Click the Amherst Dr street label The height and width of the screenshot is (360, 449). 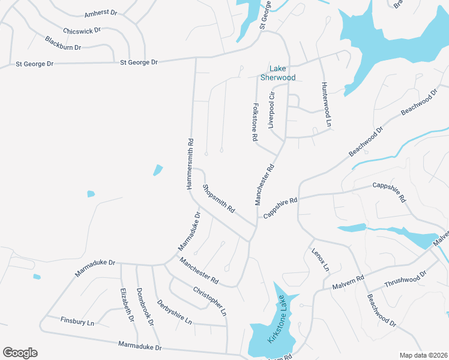(100, 13)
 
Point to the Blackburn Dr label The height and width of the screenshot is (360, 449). (62, 43)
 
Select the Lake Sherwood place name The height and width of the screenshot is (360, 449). (278, 73)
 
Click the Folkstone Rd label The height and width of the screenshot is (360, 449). (255, 121)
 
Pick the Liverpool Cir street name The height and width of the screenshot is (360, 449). (271, 110)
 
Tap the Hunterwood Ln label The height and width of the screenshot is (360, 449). (325, 104)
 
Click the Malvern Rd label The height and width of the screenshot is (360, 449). (348, 283)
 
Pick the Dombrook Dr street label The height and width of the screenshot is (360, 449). (145, 307)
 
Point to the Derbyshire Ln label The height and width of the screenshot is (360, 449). (173, 312)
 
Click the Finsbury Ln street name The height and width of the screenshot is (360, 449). (77, 322)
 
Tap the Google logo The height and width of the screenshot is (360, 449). (20, 353)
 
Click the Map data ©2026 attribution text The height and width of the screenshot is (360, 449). (423, 355)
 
